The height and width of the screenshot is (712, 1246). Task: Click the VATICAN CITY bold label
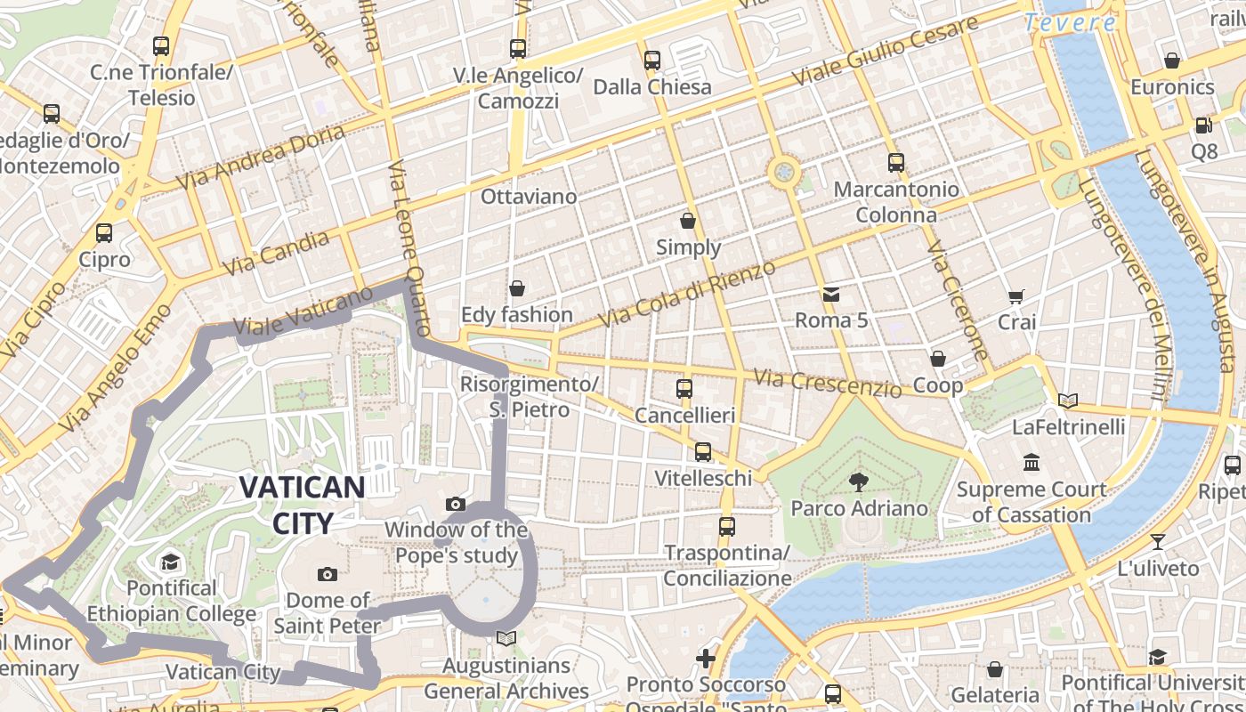pos(302,505)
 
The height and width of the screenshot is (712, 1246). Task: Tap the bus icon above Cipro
pos(104,233)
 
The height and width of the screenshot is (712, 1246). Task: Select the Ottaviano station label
pos(529,196)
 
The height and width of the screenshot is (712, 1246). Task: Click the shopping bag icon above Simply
pos(688,220)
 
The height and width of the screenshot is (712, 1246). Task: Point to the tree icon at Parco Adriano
pos(859,482)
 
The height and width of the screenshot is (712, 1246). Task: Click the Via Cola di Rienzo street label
pos(681,293)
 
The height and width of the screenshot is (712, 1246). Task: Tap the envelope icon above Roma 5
pos(830,294)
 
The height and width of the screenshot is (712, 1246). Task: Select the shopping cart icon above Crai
pos(1016,296)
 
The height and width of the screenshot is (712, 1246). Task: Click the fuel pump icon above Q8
pos(1203,125)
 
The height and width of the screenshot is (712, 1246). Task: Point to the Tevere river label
pos(1069,23)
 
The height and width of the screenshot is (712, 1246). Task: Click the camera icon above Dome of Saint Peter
pos(328,574)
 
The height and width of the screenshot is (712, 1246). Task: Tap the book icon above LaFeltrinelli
pos(1068,401)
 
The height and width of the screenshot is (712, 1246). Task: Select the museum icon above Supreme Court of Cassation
pos(1032,463)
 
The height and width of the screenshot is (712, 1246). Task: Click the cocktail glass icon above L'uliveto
pos(1157,541)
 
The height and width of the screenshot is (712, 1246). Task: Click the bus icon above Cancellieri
pos(684,389)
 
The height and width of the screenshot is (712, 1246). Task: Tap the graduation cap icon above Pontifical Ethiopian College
pos(170,562)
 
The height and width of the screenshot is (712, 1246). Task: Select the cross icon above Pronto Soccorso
pos(706,659)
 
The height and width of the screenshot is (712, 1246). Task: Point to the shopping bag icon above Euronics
pos(1172,61)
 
